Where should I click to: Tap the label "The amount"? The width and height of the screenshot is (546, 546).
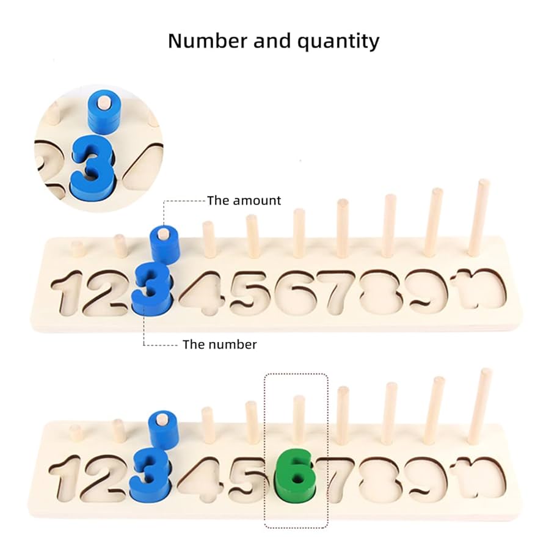[x=244, y=200]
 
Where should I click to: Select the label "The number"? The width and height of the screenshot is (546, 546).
[x=219, y=344]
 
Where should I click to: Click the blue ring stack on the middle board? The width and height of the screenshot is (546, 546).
[x=164, y=245]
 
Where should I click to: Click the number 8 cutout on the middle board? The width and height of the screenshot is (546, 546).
[x=379, y=291]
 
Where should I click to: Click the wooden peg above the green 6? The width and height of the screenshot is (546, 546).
[x=298, y=418]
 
